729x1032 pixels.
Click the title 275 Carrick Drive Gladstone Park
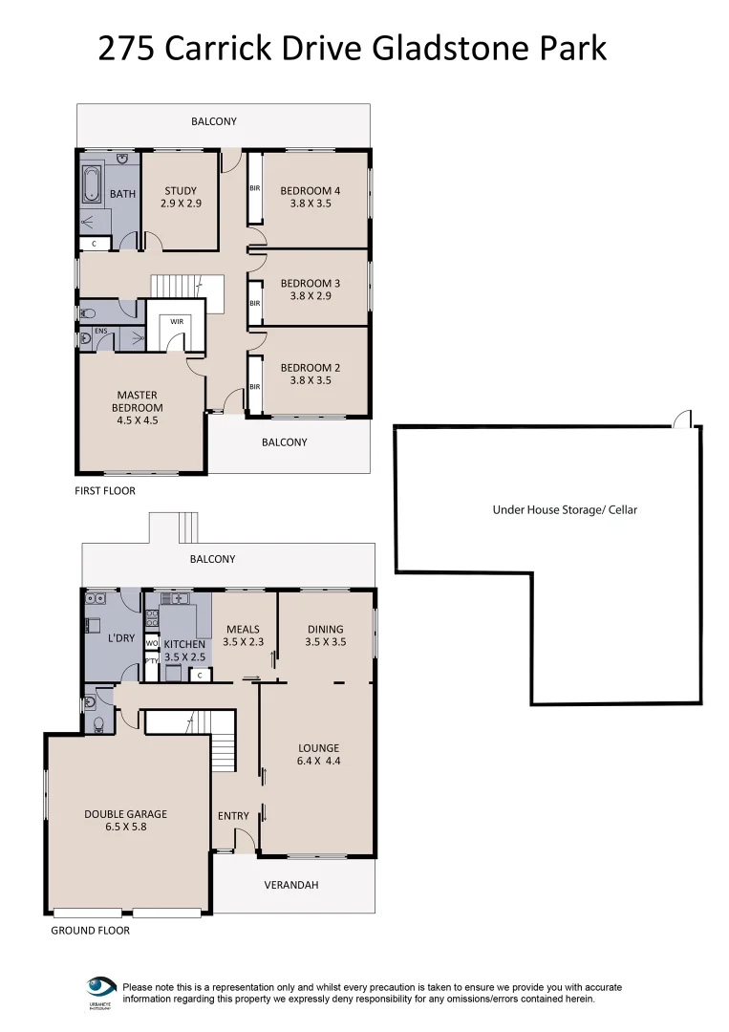coord(353,47)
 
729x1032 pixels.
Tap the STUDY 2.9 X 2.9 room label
coord(181,198)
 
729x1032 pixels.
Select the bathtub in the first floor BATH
coord(91,185)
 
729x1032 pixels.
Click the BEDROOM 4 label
coord(310,191)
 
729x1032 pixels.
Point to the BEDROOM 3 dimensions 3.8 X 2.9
coord(310,296)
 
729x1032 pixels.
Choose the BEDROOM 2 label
coord(310,368)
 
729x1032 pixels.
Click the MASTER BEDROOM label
coord(138,401)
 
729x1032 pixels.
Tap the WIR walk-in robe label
coord(177,322)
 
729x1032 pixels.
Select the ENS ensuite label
coord(99,333)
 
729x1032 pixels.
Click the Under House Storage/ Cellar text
coord(564,510)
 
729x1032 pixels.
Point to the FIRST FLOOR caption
coord(105,491)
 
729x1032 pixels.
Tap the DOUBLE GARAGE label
coord(125,814)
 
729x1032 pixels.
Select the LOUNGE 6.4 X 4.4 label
coord(319,755)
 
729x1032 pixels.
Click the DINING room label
coord(325,630)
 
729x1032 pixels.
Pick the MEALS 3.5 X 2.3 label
coord(243,636)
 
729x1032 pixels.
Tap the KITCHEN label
coord(184,645)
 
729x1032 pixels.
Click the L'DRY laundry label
coord(121,638)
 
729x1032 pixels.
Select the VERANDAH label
coord(291,886)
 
